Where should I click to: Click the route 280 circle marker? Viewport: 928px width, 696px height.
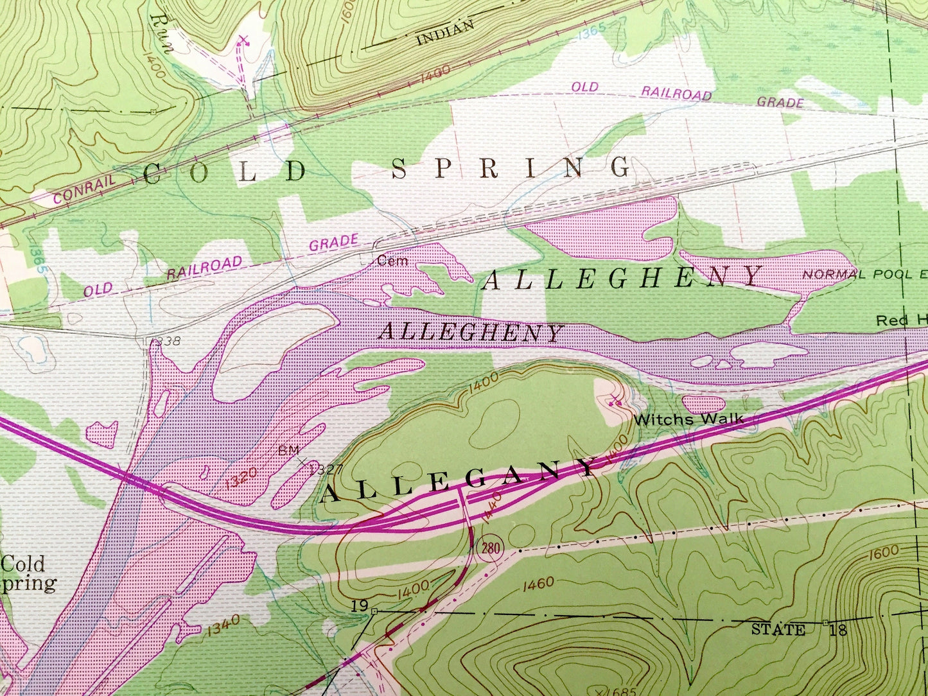[489, 548]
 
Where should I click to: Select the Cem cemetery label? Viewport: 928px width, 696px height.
[392, 261]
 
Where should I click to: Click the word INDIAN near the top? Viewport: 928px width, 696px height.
[446, 33]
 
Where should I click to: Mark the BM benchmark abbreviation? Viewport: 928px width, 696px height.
[288, 450]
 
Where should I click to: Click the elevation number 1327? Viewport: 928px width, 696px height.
[326, 470]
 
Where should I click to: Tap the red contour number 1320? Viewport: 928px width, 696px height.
[242, 478]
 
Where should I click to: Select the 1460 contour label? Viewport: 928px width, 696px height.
[538, 584]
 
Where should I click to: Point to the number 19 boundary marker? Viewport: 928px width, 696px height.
[359, 605]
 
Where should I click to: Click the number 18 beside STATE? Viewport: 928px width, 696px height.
[838, 629]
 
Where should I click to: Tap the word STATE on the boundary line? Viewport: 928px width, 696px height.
[778, 629]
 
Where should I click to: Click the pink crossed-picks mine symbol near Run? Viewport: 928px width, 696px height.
[243, 42]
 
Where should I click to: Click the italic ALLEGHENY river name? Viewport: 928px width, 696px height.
[470, 332]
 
